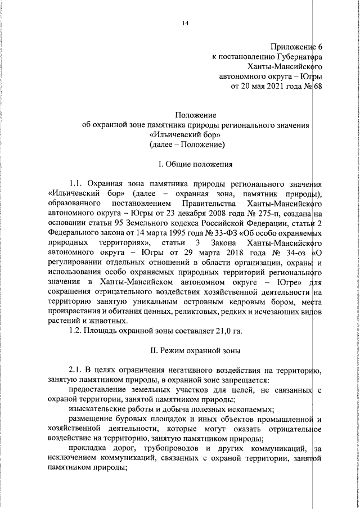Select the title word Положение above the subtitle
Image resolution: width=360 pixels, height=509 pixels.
click(x=187, y=115)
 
